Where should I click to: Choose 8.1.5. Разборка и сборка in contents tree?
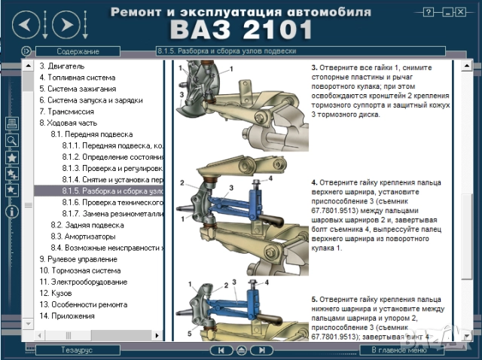tap(113, 191)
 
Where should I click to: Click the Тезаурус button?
tap(78, 350)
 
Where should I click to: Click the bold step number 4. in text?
tap(315, 182)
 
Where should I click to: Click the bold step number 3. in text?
tap(315, 67)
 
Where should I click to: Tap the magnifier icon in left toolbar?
tap(12, 140)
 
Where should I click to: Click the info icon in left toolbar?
tap(12, 212)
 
